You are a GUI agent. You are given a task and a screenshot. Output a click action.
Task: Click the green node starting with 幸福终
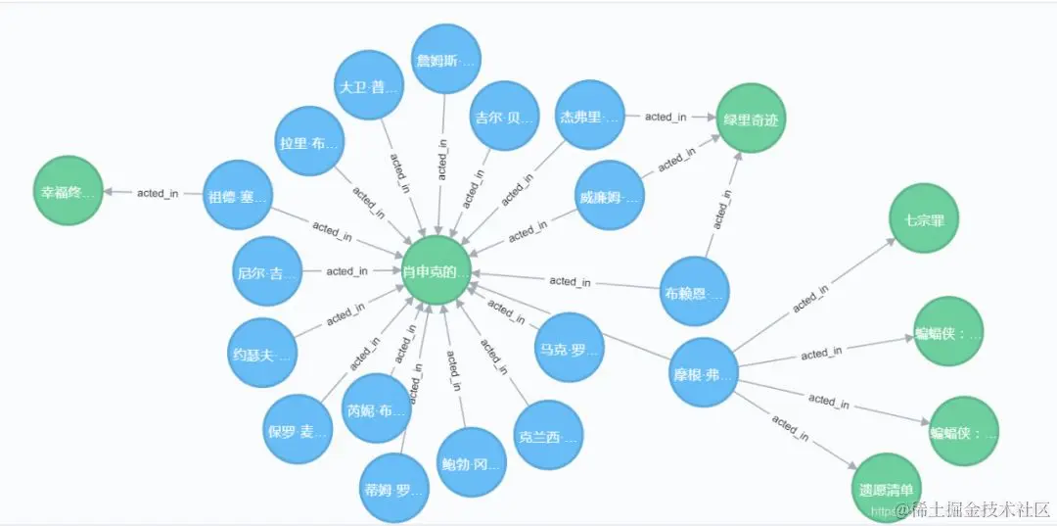tap(69, 191)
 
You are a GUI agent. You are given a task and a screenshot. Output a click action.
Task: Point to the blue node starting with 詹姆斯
tap(446, 60)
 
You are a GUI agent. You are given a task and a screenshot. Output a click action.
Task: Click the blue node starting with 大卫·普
tap(369, 86)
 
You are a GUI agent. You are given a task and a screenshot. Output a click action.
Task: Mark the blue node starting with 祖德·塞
tap(237, 195)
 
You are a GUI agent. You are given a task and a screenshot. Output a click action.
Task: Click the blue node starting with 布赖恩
tap(694, 291)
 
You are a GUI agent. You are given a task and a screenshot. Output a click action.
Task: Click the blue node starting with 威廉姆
tap(610, 196)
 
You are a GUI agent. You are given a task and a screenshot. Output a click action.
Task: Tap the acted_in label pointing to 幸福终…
tap(158, 193)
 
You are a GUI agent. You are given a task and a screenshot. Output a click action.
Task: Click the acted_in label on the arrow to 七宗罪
tap(811, 297)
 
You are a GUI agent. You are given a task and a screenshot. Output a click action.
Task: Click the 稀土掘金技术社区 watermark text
tap(980, 509)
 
